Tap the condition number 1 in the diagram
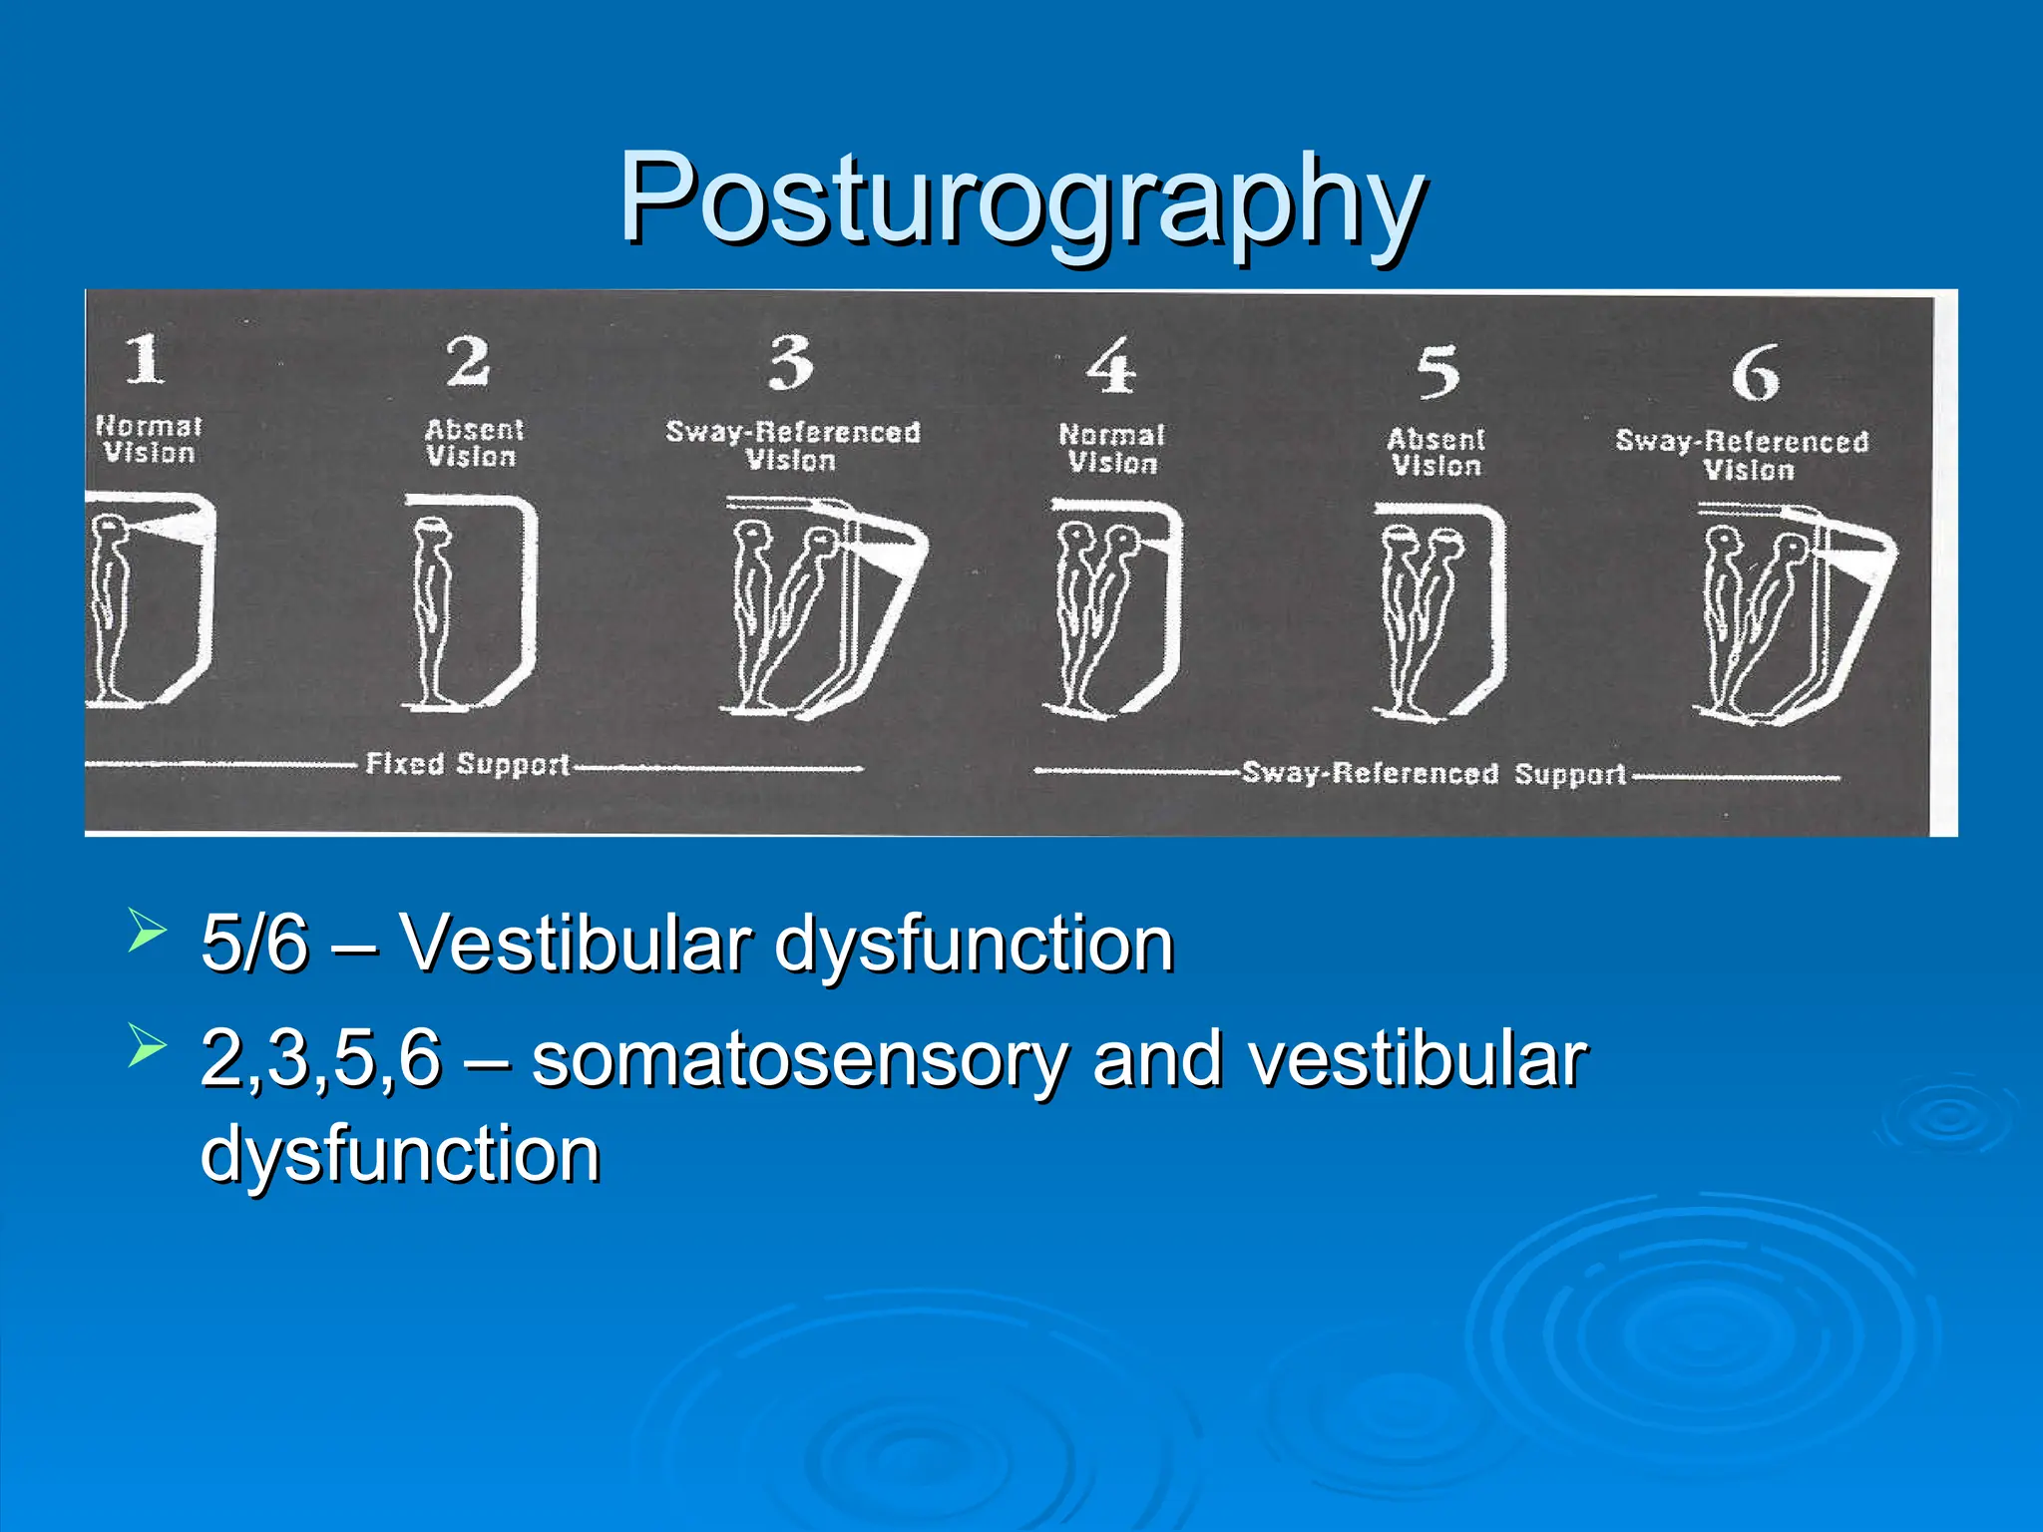point(145,359)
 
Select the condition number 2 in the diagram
point(468,361)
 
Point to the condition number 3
point(792,363)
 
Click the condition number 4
point(1111,366)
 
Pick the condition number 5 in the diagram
point(1437,371)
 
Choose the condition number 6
point(1755,374)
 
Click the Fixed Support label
point(468,765)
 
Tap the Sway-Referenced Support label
point(1433,775)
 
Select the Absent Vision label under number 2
point(473,444)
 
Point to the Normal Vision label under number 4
point(1112,449)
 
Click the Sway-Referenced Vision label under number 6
point(1743,456)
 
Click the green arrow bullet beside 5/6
point(147,934)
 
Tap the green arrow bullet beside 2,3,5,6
point(147,1048)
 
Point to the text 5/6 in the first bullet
point(254,944)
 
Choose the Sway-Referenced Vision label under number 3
point(793,446)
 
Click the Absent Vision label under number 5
point(1436,453)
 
